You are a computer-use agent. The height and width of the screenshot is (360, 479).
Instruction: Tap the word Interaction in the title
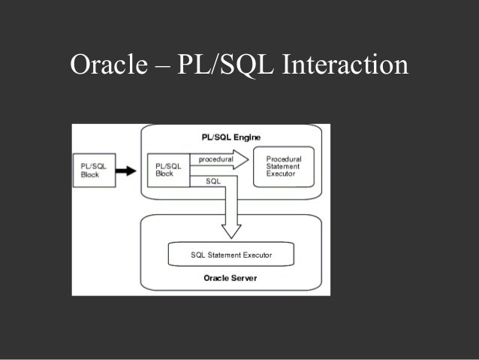pos(345,65)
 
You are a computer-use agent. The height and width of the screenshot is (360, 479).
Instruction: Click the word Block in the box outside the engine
pos(90,175)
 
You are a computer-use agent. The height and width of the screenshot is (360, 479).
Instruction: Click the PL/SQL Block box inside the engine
pos(167,170)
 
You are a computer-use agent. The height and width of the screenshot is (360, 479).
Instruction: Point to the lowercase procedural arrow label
pos(216,159)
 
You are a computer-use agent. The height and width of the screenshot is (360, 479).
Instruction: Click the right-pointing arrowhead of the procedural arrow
pos(242,159)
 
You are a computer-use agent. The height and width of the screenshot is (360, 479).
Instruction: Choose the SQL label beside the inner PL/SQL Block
pos(212,181)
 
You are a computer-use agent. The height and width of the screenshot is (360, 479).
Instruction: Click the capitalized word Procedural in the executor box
pos(284,159)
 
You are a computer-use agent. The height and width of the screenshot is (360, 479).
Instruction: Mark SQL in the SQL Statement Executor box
pos(197,256)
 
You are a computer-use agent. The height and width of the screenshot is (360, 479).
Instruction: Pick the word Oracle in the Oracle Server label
pos(216,278)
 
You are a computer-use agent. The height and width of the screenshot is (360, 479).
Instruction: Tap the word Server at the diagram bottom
pos(243,278)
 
